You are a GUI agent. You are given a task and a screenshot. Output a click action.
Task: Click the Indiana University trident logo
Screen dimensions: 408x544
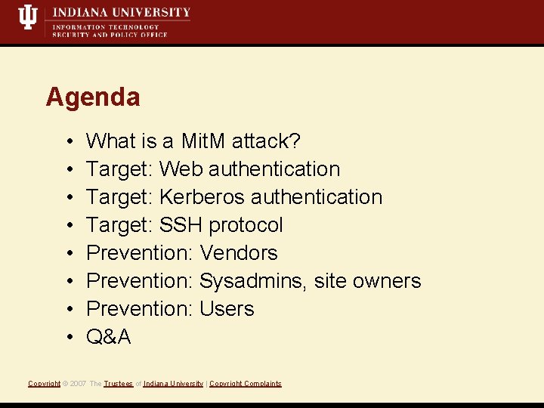coord(28,17)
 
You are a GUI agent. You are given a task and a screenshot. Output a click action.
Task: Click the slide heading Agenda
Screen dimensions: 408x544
coord(93,97)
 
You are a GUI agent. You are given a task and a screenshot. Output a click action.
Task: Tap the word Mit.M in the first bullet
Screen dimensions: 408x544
coord(204,141)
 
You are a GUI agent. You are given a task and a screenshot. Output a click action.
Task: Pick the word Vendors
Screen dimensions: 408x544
coord(238,253)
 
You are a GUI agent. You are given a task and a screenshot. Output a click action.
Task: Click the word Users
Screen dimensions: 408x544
coord(227,309)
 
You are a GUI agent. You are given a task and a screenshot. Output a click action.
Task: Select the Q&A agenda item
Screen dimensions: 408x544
coord(109,337)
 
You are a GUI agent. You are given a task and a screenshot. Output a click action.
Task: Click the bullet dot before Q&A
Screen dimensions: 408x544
coord(68,338)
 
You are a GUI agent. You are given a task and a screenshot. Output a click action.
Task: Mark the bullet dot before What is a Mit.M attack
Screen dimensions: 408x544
coord(68,142)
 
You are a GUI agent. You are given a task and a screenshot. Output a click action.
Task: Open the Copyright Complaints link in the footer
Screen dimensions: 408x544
coord(245,384)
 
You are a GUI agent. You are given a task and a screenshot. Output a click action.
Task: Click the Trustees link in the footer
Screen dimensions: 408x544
coord(118,384)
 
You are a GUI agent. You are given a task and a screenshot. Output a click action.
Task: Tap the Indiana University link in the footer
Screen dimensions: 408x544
coord(173,384)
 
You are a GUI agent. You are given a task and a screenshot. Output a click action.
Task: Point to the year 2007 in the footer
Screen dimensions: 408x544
coord(78,384)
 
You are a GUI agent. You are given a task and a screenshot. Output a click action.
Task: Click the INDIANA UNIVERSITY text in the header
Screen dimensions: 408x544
coord(121,13)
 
